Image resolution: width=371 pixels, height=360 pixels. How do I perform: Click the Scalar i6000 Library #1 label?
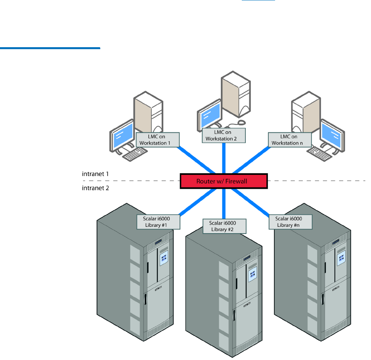click(x=159, y=222)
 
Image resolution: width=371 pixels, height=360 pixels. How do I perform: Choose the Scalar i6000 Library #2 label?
click(x=225, y=226)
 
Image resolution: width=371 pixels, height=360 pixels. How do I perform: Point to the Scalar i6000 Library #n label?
click(x=291, y=222)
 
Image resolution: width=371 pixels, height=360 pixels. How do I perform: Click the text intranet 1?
click(x=95, y=174)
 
